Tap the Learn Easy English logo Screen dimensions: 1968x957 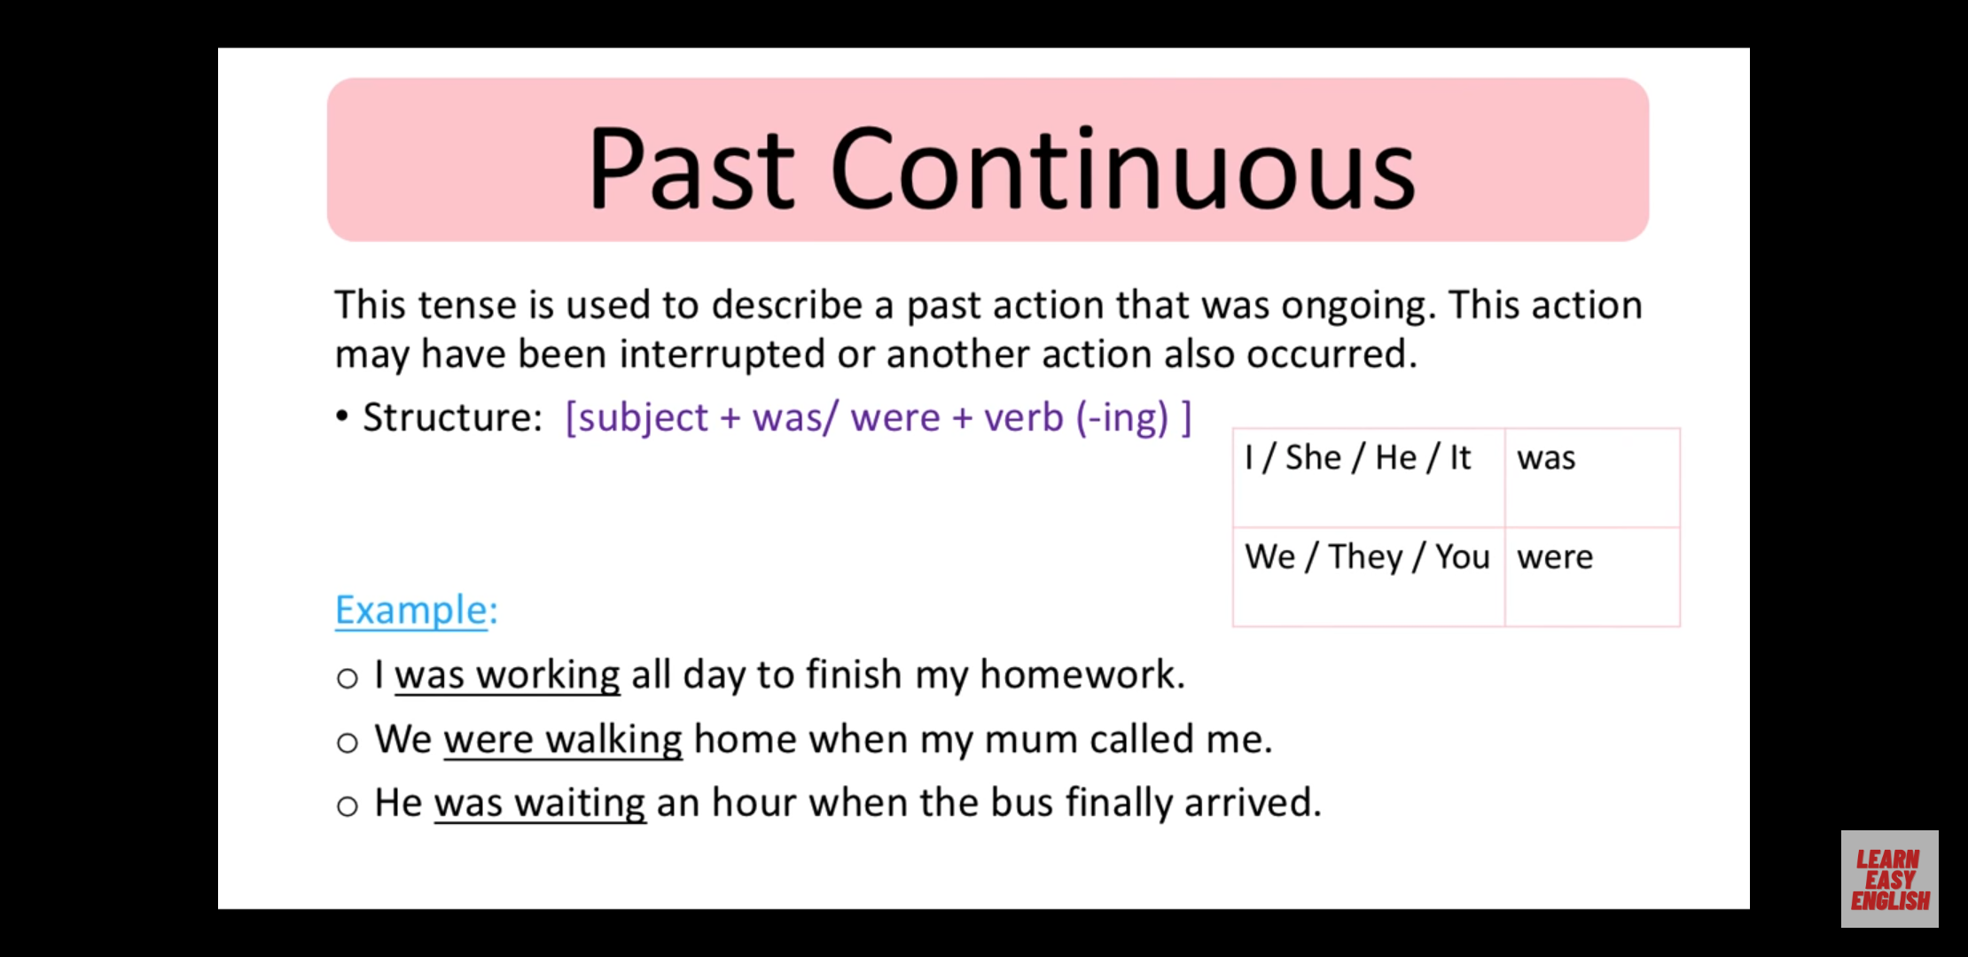coord(1889,879)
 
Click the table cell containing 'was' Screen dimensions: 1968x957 coord(1592,478)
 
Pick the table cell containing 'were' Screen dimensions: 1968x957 coord(1592,577)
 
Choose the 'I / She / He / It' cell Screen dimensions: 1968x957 coord(1369,478)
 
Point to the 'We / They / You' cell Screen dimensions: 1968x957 coord(1369,577)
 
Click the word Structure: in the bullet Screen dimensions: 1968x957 coord(452,417)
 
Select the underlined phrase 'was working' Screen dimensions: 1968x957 coord(507,676)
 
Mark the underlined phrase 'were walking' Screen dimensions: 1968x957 coord(563,740)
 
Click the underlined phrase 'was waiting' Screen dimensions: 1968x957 coord(540,804)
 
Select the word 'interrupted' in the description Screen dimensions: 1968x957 coord(722,355)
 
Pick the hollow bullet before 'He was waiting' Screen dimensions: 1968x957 coord(348,806)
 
